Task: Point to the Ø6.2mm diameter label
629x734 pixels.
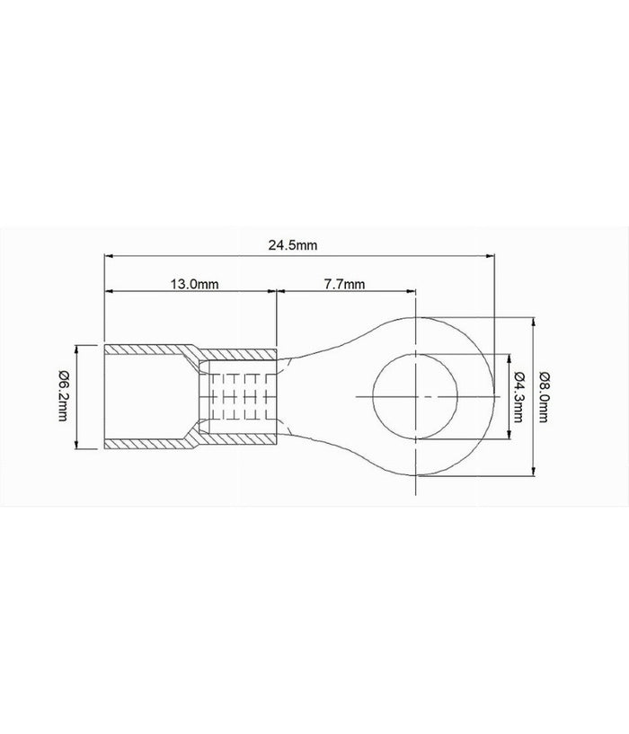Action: (62, 396)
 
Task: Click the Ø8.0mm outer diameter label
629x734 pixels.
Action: (545, 396)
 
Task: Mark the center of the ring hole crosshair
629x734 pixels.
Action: (416, 396)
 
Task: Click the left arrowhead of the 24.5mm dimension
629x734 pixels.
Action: (110, 256)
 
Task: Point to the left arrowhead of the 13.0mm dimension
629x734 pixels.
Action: (110, 291)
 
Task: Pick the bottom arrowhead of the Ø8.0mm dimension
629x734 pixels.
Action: (535, 473)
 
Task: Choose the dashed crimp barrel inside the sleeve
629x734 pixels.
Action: (238, 396)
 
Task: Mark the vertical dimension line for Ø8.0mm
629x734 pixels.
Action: (535, 396)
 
